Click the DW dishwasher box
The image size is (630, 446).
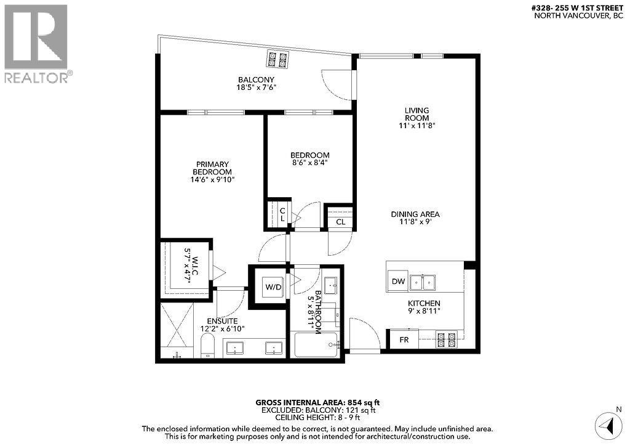(397, 282)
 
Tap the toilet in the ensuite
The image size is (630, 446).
(208, 346)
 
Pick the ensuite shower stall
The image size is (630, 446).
(176, 331)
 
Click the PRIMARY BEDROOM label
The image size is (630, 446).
(212, 171)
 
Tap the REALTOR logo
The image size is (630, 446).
(37, 43)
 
